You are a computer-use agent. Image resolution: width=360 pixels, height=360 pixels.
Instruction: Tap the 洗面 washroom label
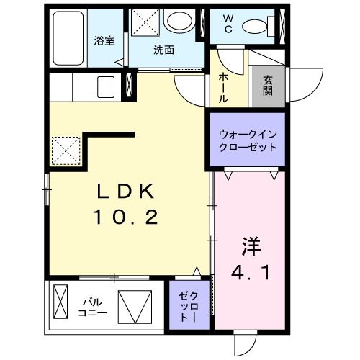click(x=163, y=50)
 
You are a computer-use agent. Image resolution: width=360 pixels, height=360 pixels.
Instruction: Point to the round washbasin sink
click(x=176, y=22)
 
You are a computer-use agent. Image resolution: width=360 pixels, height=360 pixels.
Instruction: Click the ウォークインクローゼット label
click(x=247, y=140)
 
